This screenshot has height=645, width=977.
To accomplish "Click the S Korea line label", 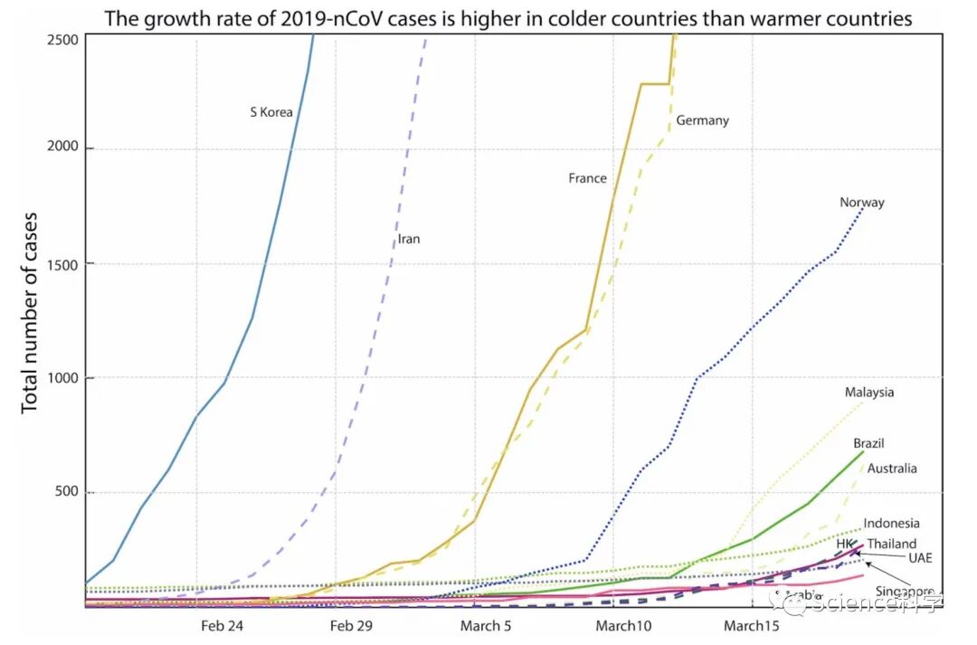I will coord(271,112).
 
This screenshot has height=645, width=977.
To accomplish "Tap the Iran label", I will coord(409,240).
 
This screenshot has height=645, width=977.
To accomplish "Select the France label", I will coord(587,178).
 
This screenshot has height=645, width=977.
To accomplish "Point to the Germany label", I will coord(702,120).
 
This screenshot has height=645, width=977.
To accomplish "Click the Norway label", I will coord(861,203).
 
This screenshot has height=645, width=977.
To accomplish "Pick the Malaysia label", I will coord(869,392).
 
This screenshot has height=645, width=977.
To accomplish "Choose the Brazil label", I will coord(868,443).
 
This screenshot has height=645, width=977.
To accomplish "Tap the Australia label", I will coord(892,469).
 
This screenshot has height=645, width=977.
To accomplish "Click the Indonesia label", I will coord(891,523).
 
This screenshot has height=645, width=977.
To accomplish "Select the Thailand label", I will coord(892,544).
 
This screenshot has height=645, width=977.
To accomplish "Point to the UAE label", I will coord(920,557).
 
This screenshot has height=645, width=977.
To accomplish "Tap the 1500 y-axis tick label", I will coord(63,264).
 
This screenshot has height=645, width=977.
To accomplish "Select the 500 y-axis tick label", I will coord(67,493).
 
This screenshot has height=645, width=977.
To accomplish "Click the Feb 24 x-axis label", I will coord(222,625).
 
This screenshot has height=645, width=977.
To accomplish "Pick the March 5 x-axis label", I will coord(485,625).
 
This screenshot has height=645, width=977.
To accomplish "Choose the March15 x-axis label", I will coord(750,625).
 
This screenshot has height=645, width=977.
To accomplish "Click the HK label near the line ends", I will coord(845,543).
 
